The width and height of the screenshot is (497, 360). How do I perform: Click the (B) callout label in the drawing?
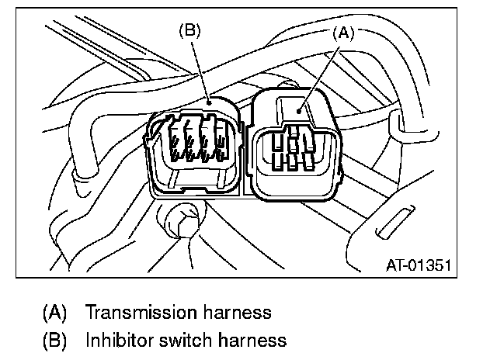[x=189, y=32]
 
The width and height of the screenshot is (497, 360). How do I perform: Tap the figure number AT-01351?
[x=419, y=266]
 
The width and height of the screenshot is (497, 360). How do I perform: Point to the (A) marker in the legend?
[x=54, y=313]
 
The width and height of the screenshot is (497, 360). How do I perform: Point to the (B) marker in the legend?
[x=54, y=340]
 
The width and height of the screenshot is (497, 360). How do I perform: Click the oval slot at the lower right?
[x=393, y=223]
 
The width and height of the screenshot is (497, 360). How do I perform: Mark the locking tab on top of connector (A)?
[x=298, y=108]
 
